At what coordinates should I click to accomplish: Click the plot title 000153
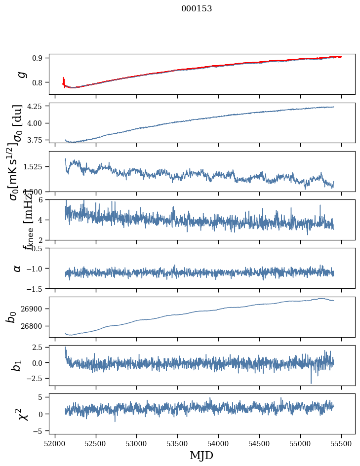[x=197, y=8]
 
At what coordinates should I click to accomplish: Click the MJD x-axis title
[x=201, y=455]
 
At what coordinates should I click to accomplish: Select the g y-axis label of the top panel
[x=20, y=74]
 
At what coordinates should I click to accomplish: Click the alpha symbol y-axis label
[x=18, y=268]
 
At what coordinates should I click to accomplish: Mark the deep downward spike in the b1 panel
[x=311, y=383]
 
